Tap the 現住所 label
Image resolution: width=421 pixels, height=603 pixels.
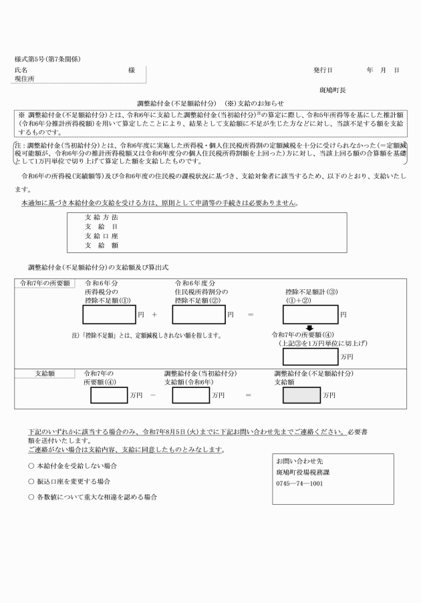pos(25,78)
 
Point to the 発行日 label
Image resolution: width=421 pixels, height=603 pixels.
pos(323,69)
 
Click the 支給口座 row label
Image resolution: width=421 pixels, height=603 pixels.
pos(101,236)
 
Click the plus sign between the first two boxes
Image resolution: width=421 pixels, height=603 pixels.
pos(154,314)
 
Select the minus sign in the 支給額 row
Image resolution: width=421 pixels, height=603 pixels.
pos(154,395)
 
